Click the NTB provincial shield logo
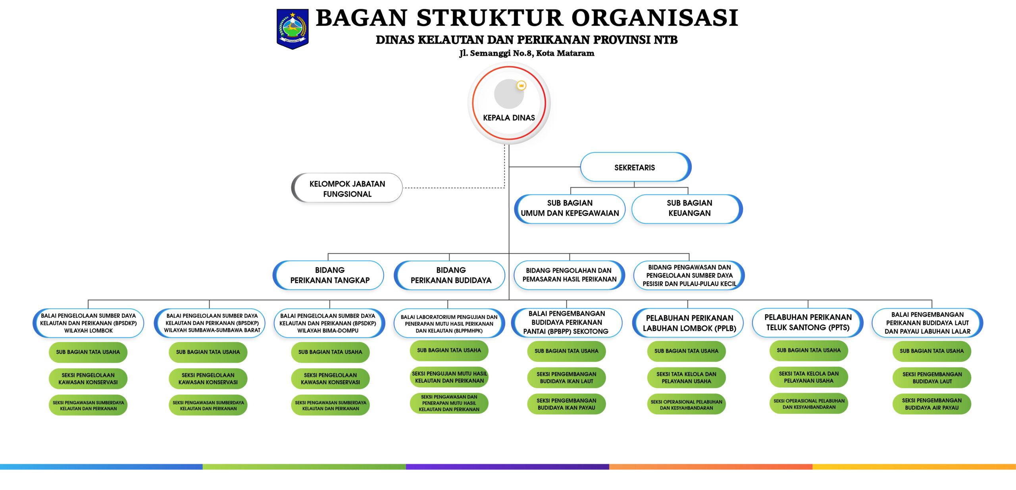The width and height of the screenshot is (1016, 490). (292, 29)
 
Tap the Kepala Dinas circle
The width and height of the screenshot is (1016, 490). (509, 103)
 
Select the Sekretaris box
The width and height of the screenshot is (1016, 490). (635, 167)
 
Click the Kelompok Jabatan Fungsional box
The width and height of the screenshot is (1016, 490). (347, 188)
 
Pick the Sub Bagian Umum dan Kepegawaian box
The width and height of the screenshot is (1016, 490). (570, 208)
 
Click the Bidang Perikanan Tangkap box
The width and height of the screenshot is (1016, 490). (329, 275)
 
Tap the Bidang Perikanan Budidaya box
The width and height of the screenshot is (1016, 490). (450, 275)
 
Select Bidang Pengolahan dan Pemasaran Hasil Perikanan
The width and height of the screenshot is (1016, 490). (569, 275)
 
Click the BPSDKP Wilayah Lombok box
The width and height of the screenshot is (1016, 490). (88, 323)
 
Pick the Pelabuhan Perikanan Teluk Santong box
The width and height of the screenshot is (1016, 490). (808, 323)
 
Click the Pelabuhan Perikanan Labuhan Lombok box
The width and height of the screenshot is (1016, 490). (689, 323)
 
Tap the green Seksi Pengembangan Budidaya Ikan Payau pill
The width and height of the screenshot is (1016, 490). (566, 404)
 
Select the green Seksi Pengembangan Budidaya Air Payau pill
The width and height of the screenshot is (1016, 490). (931, 404)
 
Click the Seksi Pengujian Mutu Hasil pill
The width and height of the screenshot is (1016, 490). (449, 377)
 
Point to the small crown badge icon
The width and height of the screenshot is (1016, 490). (521, 85)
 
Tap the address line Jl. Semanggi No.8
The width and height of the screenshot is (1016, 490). (527, 53)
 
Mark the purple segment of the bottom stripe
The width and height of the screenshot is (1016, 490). (507, 467)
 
